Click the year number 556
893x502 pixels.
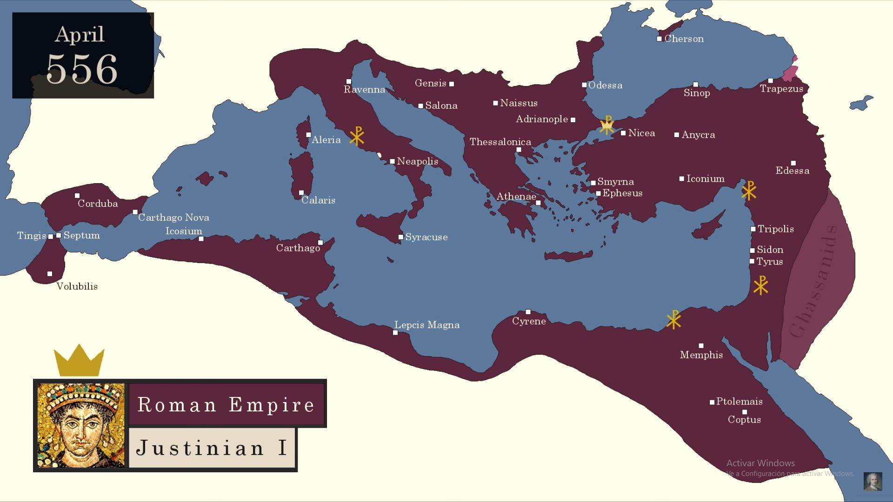82,69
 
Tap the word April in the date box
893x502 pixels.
80,34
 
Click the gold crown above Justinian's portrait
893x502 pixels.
79,361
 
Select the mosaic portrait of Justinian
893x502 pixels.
81,425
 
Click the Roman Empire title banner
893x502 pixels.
226,404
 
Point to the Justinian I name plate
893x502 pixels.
212,448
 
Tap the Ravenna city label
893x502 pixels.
364,90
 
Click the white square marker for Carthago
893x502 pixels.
320,243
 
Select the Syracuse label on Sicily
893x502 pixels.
426,237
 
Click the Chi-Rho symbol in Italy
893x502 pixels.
357,136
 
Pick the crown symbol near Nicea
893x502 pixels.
606,125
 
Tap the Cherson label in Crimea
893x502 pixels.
684,39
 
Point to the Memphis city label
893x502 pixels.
701,355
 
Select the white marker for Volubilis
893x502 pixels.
50,274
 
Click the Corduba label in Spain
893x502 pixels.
98,204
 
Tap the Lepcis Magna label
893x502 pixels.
427,325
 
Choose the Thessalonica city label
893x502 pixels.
500,142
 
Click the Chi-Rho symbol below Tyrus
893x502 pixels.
761,285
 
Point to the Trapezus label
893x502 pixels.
781,89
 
